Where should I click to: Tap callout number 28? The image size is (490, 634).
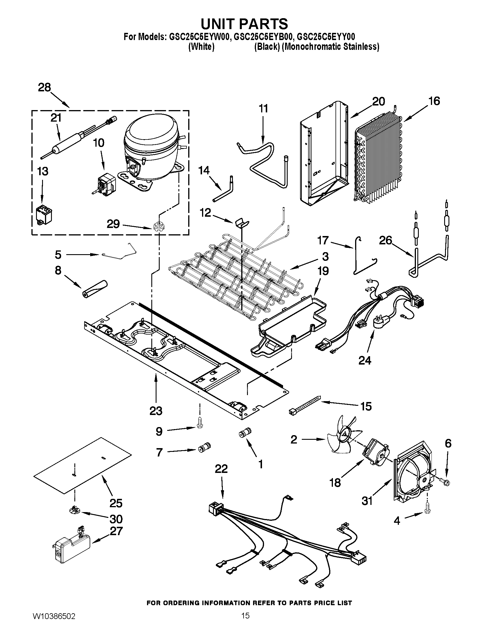point(44,87)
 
